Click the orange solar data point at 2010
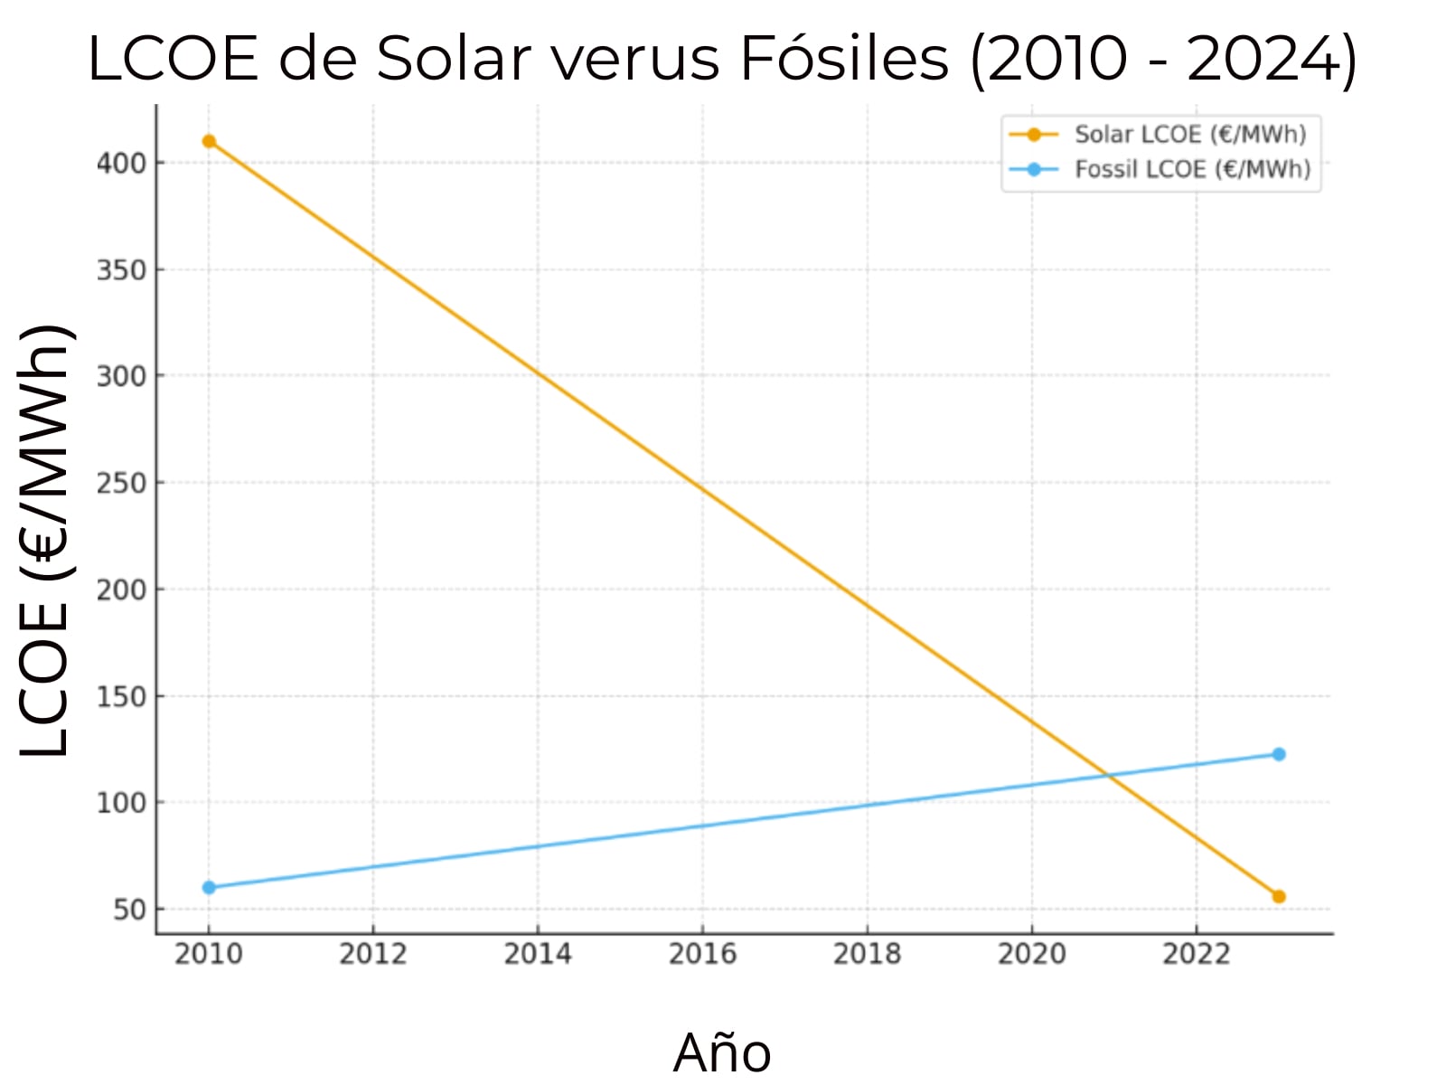point(209,141)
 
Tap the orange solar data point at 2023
point(1278,896)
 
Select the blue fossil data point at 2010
point(209,887)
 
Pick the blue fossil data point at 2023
point(1278,754)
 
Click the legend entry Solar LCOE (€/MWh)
point(1189,135)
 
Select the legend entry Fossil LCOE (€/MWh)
point(1191,169)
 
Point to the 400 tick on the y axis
point(120,164)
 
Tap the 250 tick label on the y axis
point(120,484)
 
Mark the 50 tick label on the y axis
point(128,910)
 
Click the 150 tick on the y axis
point(120,697)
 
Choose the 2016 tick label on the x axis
point(702,954)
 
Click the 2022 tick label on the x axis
point(1196,954)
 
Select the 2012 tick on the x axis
point(372,954)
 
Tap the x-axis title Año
point(721,1052)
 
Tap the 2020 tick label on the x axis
point(1031,954)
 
